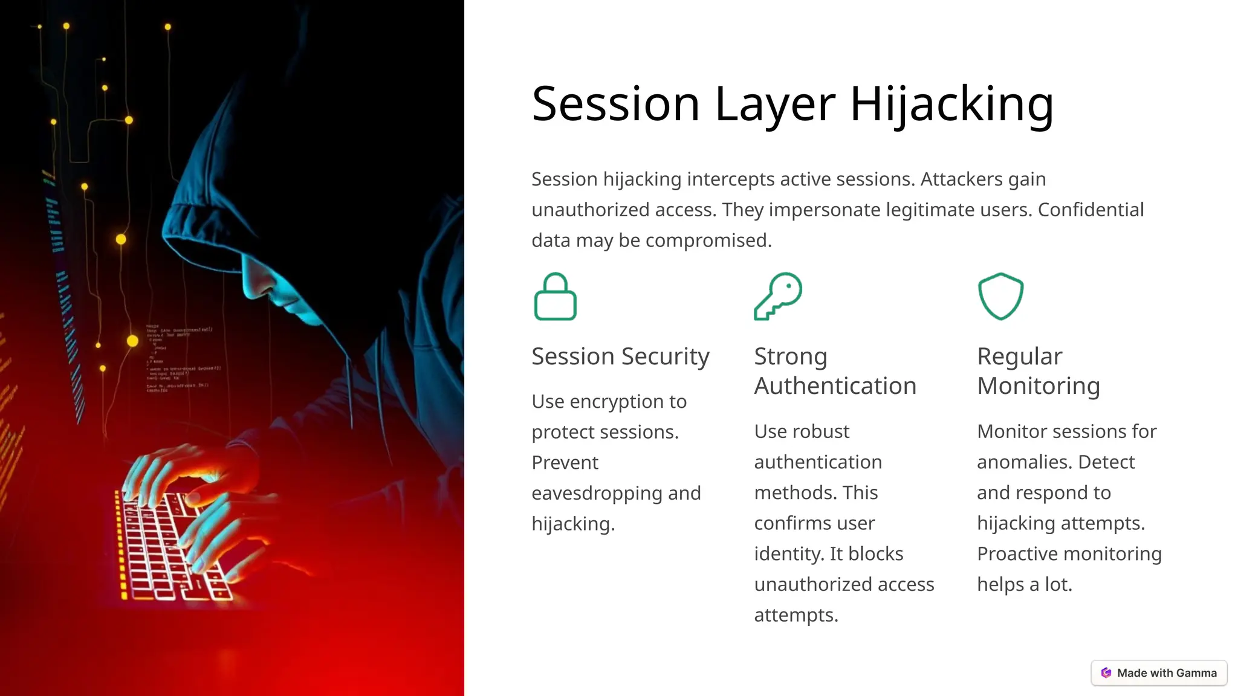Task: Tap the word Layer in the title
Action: pos(776,104)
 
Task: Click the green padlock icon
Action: pos(555,297)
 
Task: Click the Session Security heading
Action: pos(620,356)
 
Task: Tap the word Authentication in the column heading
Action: pos(835,386)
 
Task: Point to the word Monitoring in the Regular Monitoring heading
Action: pos(1038,386)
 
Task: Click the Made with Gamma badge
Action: pos(1159,673)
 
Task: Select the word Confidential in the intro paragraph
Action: pos(1091,210)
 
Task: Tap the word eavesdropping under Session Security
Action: pos(597,493)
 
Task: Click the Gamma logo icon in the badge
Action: pos(1106,673)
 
